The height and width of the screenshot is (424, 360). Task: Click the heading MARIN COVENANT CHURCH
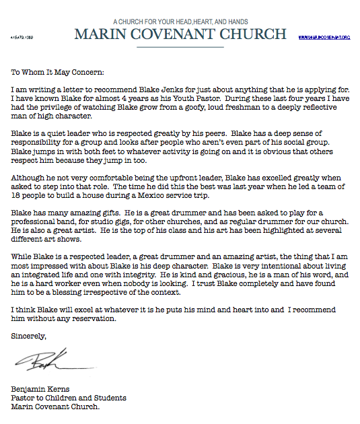click(180, 34)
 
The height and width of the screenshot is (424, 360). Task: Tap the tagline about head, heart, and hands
click(180, 22)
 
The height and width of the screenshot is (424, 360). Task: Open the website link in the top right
click(324, 37)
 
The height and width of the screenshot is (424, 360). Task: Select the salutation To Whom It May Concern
click(58, 71)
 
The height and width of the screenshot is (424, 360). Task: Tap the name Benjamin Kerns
click(41, 390)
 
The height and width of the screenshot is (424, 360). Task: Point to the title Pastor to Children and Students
click(69, 398)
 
